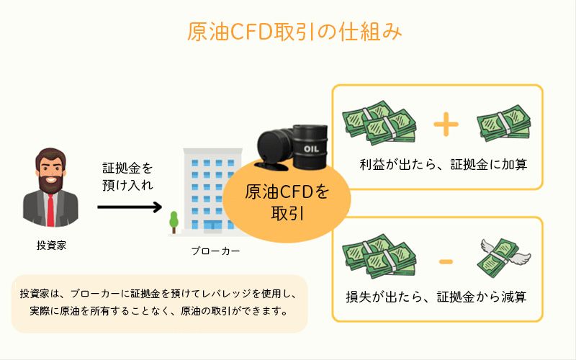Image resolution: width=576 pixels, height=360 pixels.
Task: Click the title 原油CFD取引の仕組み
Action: [288, 33]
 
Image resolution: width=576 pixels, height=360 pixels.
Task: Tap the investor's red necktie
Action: [51, 210]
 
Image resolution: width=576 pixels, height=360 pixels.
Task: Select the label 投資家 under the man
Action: [51, 245]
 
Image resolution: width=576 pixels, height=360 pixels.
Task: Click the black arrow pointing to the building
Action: [130, 207]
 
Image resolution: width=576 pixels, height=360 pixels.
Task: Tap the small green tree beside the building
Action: [174, 220]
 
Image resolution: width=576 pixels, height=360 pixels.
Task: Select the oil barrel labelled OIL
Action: [310, 147]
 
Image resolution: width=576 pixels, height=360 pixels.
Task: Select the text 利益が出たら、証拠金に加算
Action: [444, 164]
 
